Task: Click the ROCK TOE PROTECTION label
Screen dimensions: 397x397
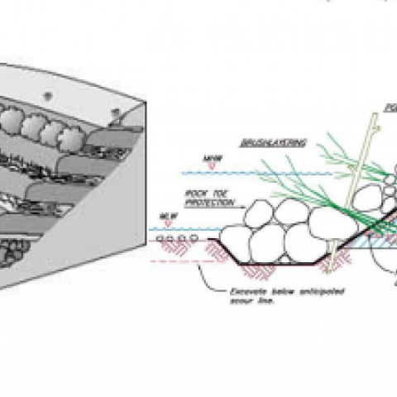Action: (x=201, y=198)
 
